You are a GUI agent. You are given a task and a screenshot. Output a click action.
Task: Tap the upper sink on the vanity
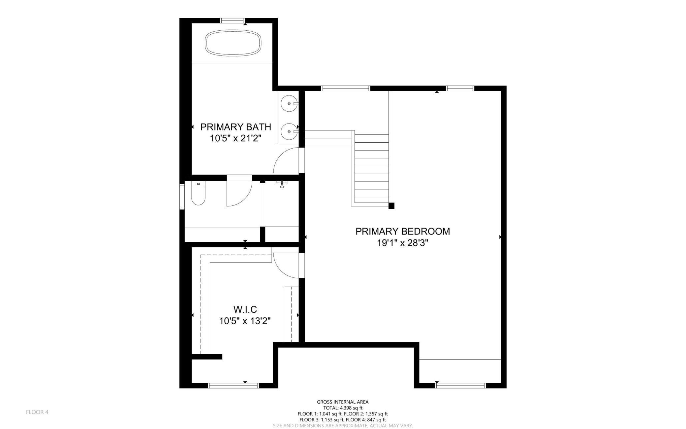point(289,103)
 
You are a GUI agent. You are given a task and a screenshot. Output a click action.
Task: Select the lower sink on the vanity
point(289,131)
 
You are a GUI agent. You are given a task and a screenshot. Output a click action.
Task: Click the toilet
point(198,194)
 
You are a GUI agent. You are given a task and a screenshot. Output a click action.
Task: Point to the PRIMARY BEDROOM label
point(403,231)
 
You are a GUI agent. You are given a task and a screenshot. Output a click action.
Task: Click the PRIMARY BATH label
point(236,127)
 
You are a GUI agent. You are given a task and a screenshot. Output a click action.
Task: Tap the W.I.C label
point(245,309)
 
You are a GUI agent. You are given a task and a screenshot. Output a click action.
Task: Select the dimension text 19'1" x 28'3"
point(403,243)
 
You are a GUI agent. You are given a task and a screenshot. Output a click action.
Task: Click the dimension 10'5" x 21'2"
point(236,138)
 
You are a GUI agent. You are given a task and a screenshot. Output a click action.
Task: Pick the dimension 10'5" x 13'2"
point(245,321)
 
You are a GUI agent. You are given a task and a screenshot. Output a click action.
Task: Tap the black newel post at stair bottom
point(391,206)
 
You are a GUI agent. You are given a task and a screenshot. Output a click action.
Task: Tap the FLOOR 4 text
point(37,412)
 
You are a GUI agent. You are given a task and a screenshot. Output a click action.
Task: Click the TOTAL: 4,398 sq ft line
point(343,408)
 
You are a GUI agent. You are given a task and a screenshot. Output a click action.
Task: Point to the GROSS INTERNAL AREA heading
point(343,402)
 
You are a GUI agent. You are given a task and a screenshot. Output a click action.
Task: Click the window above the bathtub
point(233,20)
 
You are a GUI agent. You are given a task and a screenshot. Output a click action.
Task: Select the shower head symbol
point(282,184)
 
